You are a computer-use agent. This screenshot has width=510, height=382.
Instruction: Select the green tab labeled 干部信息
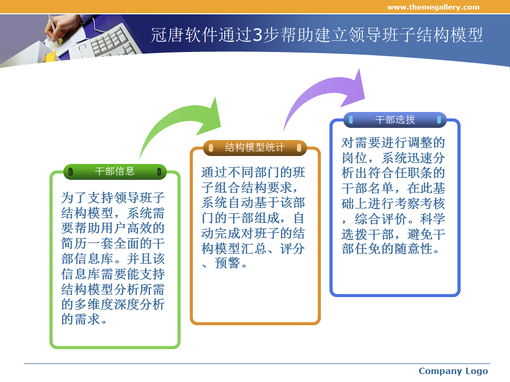115,171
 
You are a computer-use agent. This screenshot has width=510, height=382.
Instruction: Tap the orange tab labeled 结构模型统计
254,148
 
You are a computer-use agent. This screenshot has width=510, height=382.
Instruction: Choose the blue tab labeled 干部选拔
395,120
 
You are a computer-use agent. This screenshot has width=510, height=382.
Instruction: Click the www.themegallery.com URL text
433,7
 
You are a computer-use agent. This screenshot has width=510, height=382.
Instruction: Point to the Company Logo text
453,371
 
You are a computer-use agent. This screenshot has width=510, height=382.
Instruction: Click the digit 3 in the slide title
257,35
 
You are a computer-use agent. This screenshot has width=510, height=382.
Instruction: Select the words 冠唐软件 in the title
184,35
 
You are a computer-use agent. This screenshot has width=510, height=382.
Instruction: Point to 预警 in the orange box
227,264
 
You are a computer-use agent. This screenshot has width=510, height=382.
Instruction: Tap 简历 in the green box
74,244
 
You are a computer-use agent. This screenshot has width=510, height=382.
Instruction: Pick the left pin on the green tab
71,171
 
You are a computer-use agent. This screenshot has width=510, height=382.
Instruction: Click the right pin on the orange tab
299,148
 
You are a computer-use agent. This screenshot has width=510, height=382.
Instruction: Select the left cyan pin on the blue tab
351,120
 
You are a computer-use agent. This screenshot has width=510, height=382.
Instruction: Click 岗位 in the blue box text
354,158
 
